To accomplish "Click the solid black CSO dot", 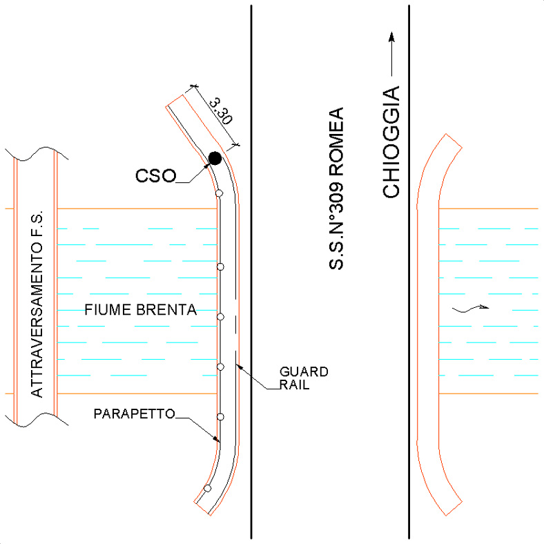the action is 215,158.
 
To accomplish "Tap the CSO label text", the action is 156,176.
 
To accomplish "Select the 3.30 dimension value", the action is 221,111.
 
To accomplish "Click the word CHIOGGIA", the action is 391,142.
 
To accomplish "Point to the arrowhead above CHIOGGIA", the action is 391,37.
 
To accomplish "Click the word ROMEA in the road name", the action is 336,142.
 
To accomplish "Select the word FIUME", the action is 108,309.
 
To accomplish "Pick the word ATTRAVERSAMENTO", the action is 37,319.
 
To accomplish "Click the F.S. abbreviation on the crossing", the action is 37,223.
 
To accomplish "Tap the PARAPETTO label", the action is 134,414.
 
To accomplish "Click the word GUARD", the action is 304,372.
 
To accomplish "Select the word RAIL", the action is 294,385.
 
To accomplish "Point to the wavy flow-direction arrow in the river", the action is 470,309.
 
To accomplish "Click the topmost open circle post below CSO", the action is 219,193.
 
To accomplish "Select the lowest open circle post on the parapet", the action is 208,489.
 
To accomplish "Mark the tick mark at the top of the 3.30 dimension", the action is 194,86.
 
